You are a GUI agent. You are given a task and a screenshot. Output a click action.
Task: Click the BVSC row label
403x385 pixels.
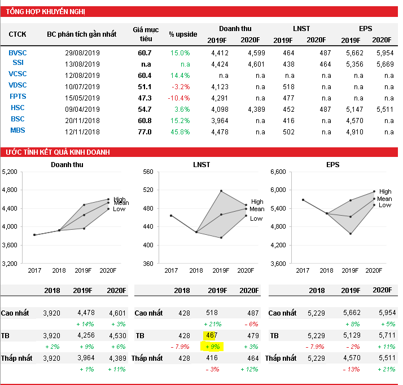(17, 53)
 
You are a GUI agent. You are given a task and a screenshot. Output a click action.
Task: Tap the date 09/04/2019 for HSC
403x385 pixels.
(82, 110)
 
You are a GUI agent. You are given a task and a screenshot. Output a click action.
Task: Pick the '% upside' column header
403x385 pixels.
(183, 34)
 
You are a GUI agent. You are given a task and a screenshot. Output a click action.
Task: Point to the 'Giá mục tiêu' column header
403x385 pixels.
(146, 34)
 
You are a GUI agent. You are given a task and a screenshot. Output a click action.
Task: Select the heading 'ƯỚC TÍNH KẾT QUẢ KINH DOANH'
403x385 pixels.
(57, 152)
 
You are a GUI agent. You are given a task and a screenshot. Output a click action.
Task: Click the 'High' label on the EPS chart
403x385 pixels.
(385, 192)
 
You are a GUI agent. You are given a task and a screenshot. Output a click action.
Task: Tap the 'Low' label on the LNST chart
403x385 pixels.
(256, 218)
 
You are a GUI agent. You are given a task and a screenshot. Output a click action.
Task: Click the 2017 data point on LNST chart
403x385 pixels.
(171, 216)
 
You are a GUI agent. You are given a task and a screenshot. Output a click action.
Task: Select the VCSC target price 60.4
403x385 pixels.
(144, 75)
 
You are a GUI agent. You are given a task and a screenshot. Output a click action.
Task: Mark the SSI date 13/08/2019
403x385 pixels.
(82, 64)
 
